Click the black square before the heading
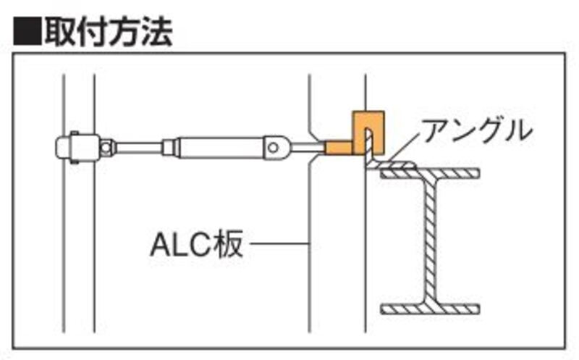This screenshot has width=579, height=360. (27, 31)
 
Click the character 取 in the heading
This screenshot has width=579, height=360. (61, 31)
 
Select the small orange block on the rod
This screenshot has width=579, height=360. (337, 148)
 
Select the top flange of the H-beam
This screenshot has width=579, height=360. (431, 172)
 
